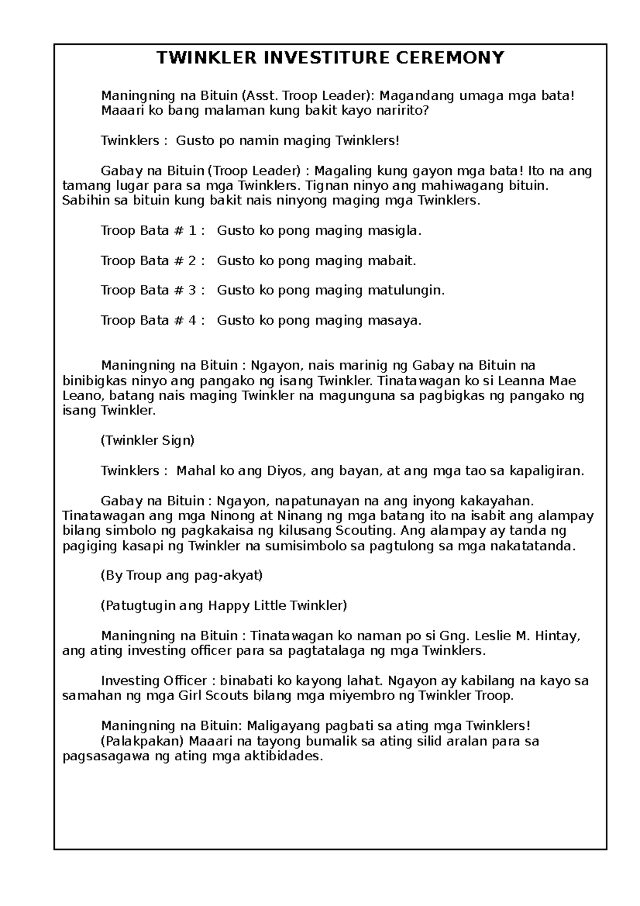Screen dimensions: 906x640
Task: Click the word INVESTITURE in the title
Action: point(309,58)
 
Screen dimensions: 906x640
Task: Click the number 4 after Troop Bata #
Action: point(193,321)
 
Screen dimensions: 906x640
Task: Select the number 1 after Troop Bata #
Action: point(193,231)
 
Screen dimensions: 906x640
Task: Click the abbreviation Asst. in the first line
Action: point(261,96)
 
